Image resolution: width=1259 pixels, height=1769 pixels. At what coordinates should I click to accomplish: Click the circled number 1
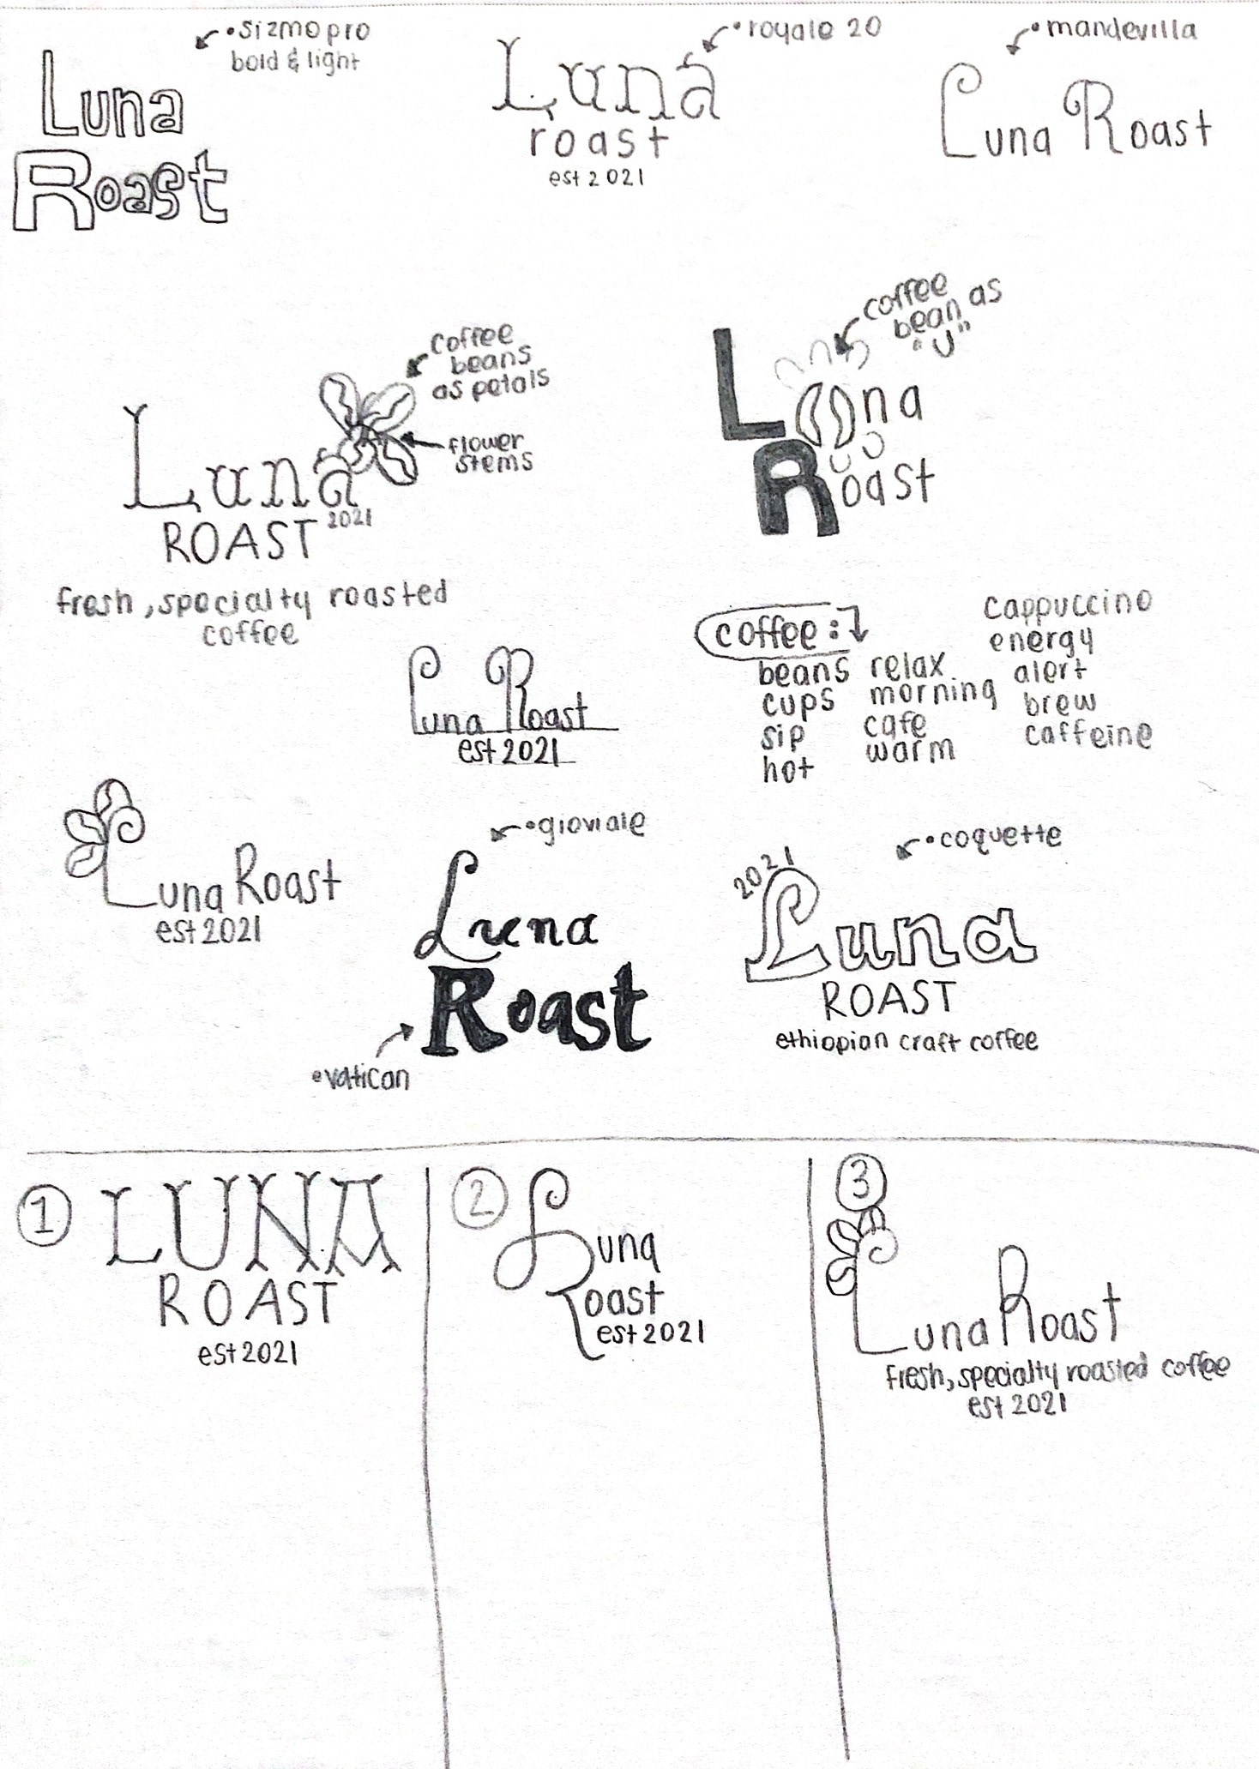coord(43,1218)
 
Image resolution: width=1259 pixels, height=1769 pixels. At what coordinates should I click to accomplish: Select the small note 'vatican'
coord(364,1077)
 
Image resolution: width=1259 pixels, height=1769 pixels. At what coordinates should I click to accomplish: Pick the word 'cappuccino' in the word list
coord(1067,605)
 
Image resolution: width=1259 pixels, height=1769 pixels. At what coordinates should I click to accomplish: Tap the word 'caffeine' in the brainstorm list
coord(1087,735)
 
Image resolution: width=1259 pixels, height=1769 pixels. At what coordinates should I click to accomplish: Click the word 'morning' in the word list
coord(932,692)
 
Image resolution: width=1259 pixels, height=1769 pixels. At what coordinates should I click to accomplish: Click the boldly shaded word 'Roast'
coord(536,1009)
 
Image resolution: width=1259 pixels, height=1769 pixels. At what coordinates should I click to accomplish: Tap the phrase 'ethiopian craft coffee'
coord(906,1041)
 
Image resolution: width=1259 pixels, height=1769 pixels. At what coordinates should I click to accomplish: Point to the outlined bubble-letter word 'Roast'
coord(120,191)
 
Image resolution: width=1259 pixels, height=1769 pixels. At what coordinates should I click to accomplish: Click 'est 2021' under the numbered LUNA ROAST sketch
coord(248,1354)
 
